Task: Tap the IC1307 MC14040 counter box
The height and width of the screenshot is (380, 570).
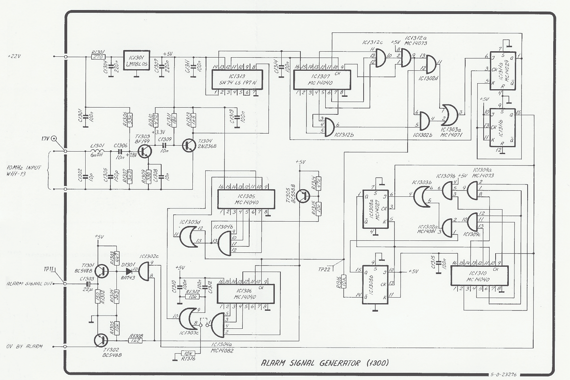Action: tap(322, 79)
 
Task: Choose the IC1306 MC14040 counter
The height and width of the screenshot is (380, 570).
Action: tap(245, 294)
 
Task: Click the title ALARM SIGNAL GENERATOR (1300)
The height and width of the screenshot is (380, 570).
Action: tap(324, 363)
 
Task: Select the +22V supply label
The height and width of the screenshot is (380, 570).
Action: tap(14, 57)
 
